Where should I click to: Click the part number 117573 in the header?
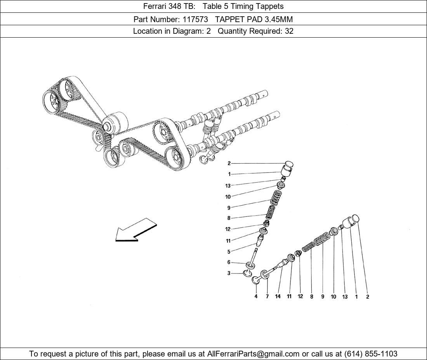pos(195,19)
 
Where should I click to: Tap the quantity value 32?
pos(289,31)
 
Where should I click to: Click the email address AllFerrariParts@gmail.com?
pos(253,354)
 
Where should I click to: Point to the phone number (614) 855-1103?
pos(371,354)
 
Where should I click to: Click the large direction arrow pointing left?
pos(136,230)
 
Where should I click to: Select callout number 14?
pos(278,296)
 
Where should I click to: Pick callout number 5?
pos(229,252)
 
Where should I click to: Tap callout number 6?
pos(229,262)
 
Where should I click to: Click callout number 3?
pos(229,273)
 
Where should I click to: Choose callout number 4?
pos(256,296)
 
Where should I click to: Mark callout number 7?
pos(267,296)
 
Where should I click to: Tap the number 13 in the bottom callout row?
pos(345,297)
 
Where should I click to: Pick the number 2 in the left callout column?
pos(229,163)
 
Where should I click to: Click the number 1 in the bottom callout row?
pos(356,297)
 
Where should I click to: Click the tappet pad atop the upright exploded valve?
pos(289,164)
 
